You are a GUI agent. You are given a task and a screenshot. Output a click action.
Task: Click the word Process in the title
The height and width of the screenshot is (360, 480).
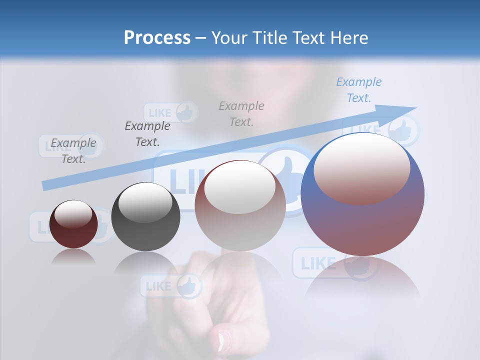[157, 38]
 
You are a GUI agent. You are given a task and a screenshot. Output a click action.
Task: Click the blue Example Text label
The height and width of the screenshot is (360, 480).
[358, 89]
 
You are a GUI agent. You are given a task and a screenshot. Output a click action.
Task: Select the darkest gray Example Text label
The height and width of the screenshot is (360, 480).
[147, 133]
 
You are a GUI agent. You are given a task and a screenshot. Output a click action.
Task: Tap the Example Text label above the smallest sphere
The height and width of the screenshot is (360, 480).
[73, 150]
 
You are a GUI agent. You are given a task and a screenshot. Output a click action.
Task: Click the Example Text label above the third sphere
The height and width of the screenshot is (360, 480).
[241, 113]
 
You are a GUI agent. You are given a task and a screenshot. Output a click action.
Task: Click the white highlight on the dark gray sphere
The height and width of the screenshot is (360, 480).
[145, 203]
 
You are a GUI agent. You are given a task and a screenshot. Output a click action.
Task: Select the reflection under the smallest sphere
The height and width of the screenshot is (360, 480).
[73, 256]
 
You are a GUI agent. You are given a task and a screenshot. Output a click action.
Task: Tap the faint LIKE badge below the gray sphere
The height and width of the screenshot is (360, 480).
[170, 286]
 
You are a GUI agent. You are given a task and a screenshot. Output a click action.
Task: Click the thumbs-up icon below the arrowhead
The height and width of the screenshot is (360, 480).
[402, 130]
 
